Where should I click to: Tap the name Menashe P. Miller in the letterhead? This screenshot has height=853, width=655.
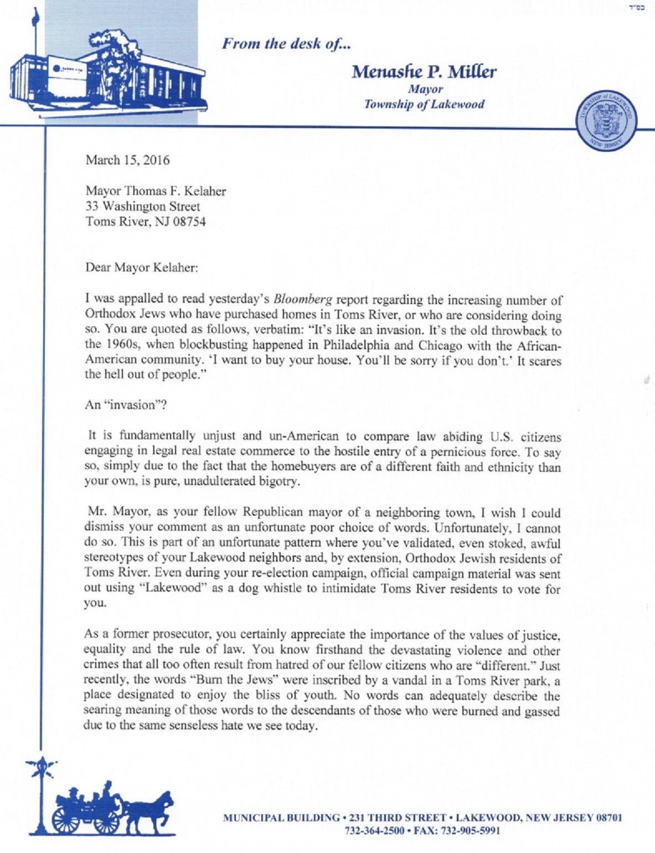pos(424,71)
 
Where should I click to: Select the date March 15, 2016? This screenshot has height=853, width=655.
pos(127,161)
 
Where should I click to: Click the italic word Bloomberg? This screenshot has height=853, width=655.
pos(303,300)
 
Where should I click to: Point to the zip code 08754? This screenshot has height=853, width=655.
pos(189,222)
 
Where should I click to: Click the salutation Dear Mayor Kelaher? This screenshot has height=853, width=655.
pos(141,268)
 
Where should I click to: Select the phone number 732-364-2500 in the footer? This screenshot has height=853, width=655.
pos(374,830)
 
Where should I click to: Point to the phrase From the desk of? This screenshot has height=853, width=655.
pos(286,44)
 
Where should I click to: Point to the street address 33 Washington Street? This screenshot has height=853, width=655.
pos(142,207)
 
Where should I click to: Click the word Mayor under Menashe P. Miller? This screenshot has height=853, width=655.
pos(425,89)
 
